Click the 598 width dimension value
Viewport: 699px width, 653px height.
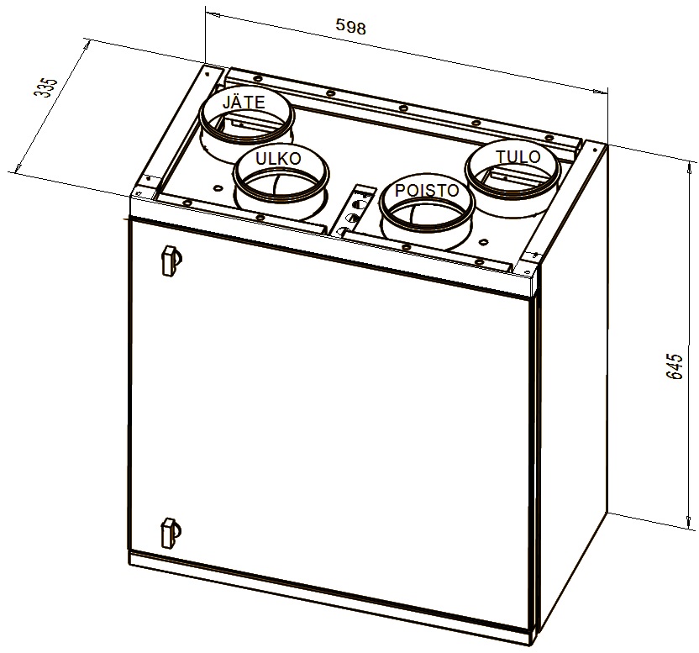tap(350, 27)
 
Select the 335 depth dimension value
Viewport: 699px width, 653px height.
tap(47, 88)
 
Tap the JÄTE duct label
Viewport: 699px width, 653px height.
tap(244, 103)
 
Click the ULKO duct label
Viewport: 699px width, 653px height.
tap(277, 159)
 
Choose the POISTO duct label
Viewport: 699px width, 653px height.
tap(427, 191)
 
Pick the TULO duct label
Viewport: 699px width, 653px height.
tap(512, 157)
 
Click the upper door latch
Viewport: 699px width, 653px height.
tap(167, 260)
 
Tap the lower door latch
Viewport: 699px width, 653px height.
tap(168, 531)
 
